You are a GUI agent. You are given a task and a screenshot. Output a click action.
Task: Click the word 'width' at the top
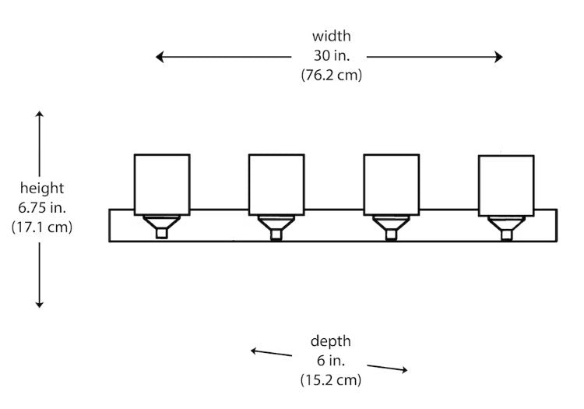(x=331, y=36)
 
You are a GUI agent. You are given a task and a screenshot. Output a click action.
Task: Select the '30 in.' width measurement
(x=332, y=55)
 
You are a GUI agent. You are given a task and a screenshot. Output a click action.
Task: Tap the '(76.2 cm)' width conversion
(x=331, y=75)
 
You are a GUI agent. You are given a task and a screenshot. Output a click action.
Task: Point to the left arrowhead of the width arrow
(x=160, y=57)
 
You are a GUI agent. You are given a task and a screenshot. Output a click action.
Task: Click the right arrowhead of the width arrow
(x=498, y=57)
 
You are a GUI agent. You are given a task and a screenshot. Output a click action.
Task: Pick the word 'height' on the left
(x=42, y=188)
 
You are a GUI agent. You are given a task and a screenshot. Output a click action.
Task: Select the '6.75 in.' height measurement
(x=42, y=207)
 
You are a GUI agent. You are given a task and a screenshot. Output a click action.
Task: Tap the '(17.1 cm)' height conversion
(x=42, y=227)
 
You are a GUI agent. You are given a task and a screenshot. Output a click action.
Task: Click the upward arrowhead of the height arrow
(x=40, y=115)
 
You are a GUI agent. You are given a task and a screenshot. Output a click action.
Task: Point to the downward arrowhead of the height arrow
(x=40, y=305)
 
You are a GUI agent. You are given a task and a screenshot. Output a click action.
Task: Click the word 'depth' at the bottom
(x=331, y=341)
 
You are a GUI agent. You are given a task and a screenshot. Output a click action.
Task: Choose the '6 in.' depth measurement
(x=331, y=360)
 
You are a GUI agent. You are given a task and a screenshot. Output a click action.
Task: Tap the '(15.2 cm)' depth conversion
(x=331, y=380)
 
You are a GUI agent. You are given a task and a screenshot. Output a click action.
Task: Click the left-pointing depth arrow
(x=271, y=353)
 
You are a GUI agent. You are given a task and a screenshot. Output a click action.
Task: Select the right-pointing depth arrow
(x=387, y=368)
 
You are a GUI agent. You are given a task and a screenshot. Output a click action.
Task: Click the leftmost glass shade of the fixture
(x=162, y=185)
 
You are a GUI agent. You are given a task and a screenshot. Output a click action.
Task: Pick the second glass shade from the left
(x=276, y=185)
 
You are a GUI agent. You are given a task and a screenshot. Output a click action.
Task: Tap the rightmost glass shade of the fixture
(x=506, y=186)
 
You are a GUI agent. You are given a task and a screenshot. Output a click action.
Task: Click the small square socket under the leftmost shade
(x=161, y=233)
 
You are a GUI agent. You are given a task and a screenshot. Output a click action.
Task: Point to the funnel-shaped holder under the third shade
(x=391, y=223)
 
